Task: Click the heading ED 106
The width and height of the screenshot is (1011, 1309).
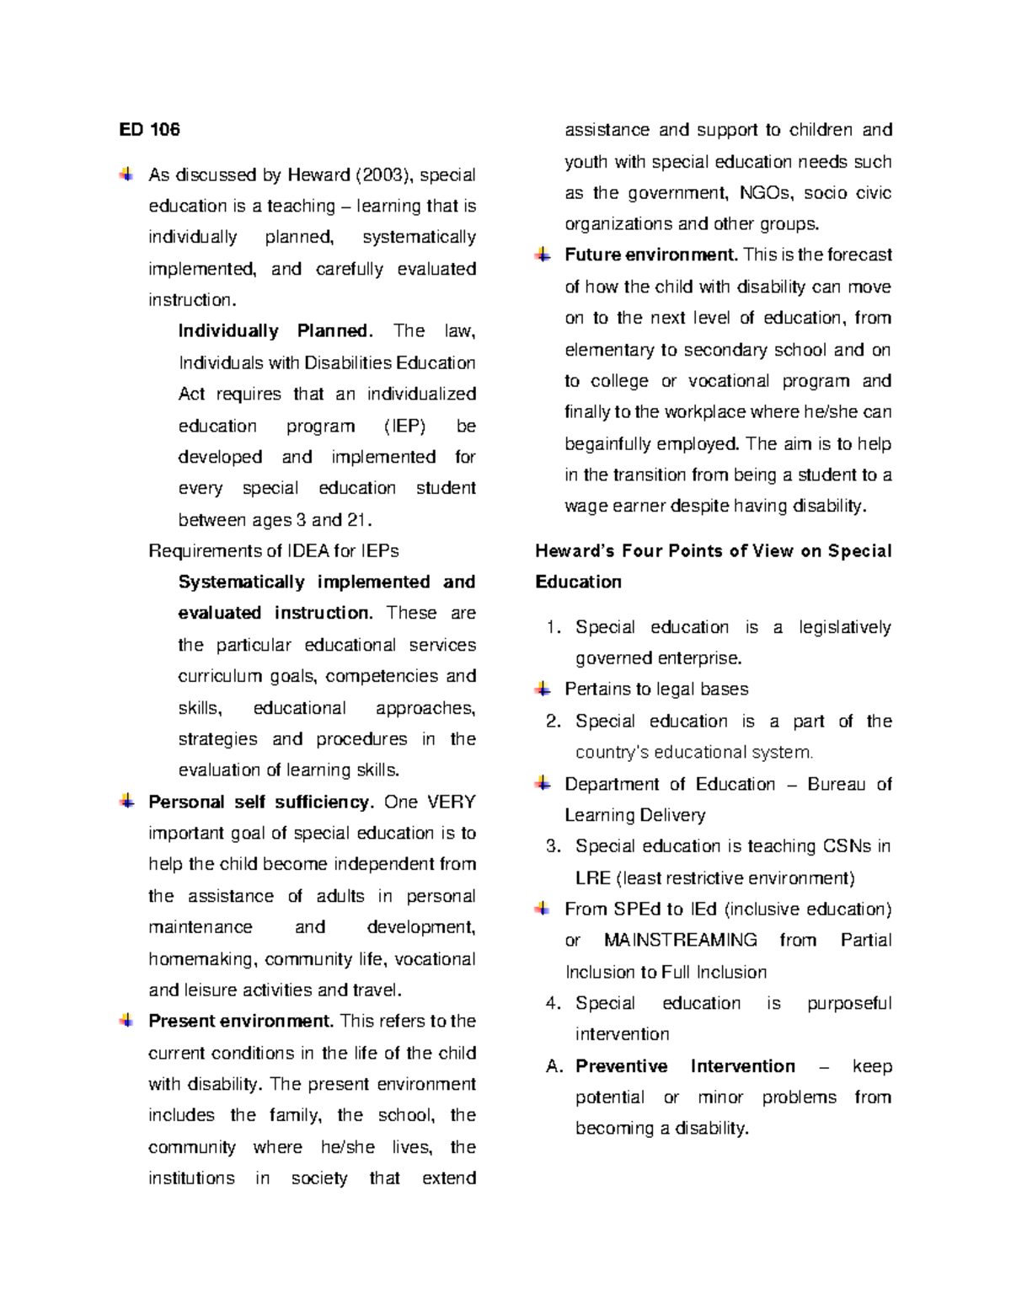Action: [x=149, y=130]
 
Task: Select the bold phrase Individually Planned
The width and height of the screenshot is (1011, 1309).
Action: [x=274, y=331]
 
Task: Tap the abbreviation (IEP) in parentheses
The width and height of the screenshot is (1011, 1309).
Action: [x=404, y=426]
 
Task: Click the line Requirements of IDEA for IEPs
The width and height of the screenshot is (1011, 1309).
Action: [x=273, y=551]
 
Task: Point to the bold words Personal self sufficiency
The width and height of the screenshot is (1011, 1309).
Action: [x=260, y=802]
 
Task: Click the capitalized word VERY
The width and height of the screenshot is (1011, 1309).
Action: [x=451, y=802]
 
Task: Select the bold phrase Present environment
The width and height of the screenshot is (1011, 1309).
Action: [x=241, y=1022]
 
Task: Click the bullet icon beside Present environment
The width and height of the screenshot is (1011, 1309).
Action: [x=126, y=1021]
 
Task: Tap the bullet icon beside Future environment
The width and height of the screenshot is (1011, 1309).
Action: [x=543, y=255]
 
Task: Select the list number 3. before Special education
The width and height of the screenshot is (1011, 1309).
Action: [x=553, y=846]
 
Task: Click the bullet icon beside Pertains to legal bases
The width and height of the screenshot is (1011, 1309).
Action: [x=543, y=689]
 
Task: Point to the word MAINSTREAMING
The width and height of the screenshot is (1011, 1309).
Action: [x=681, y=941]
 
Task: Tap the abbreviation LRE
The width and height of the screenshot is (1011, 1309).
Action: [x=592, y=878]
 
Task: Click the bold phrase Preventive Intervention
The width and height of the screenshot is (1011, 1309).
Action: [x=685, y=1066]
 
